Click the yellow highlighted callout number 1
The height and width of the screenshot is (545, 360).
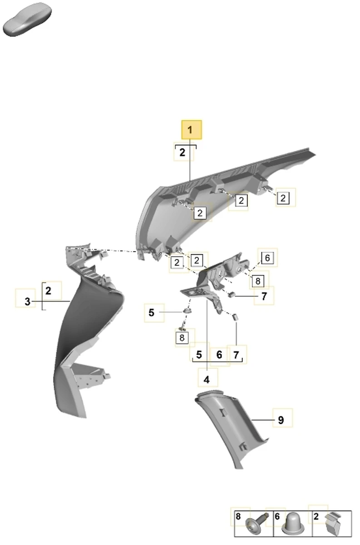tap(192, 130)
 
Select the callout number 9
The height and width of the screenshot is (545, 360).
tap(281, 420)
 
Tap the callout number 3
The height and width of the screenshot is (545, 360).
tap(28, 302)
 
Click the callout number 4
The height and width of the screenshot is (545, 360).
tap(207, 380)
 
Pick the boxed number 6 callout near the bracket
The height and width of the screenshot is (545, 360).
tap(267, 258)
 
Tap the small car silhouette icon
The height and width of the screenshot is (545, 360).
tap(27, 20)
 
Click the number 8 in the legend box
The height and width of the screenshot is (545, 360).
tap(238, 516)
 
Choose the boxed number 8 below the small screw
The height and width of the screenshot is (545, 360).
tap(182, 338)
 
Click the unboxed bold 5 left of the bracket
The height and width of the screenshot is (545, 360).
tap(151, 312)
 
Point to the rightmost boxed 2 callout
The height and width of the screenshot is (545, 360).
tap(283, 198)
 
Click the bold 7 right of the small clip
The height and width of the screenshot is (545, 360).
tap(264, 296)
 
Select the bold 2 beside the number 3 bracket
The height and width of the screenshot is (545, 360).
tap(48, 291)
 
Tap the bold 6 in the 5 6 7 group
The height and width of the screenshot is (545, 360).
tap(219, 355)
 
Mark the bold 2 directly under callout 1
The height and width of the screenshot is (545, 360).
tap(182, 153)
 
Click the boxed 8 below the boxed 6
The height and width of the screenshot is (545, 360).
tap(258, 281)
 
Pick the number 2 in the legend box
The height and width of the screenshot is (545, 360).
tap(316, 516)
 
